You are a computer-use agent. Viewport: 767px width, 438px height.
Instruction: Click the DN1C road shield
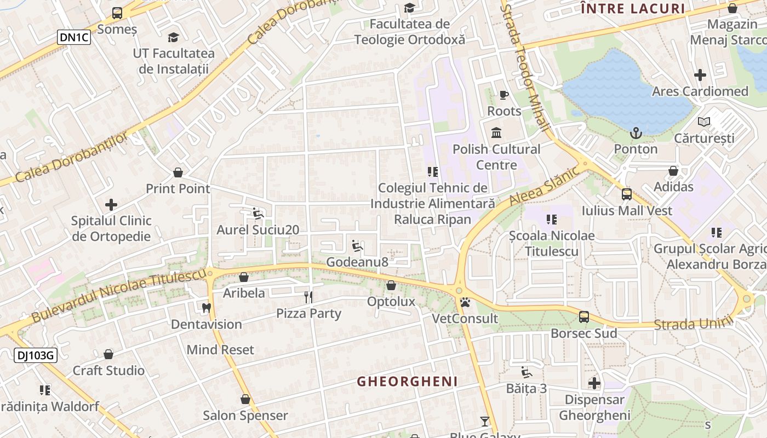click(74, 37)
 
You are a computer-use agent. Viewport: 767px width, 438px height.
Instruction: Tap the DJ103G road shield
click(35, 355)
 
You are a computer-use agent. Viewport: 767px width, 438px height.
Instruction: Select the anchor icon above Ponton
click(636, 132)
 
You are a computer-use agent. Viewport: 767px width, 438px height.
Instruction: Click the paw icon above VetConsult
click(465, 302)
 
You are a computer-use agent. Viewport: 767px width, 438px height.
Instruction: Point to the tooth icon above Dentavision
click(207, 308)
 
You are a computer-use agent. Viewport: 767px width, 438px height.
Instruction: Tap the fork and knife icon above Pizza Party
click(308, 297)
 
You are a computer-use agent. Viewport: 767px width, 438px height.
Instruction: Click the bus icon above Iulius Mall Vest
click(627, 194)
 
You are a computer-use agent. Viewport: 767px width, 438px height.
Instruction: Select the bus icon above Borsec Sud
click(584, 317)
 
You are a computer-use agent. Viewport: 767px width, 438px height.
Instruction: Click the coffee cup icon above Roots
click(504, 95)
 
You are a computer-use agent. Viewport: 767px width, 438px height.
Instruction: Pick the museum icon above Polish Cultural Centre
click(497, 132)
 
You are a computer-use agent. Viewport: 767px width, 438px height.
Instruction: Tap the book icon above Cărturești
click(704, 122)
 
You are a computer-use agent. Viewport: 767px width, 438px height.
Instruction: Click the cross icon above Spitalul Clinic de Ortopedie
click(111, 205)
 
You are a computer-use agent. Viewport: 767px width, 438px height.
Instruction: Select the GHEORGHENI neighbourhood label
click(407, 382)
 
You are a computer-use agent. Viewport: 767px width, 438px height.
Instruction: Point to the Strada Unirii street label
click(693, 323)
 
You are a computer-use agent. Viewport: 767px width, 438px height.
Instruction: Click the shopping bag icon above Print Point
click(178, 173)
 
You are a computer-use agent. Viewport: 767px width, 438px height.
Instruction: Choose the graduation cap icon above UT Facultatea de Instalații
click(174, 37)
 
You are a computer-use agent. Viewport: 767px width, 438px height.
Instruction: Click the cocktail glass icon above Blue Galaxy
click(485, 421)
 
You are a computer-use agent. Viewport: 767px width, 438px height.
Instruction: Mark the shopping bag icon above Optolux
click(391, 285)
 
